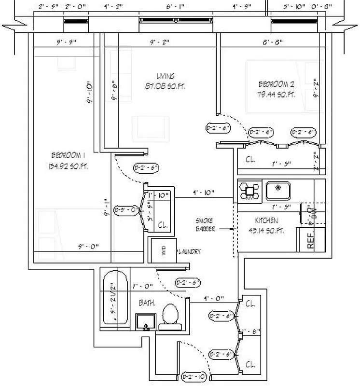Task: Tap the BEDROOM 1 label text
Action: click(x=68, y=155)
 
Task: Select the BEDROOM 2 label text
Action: click(x=276, y=84)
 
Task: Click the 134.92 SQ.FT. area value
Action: click(x=68, y=166)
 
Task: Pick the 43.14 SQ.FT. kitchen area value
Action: click(x=265, y=231)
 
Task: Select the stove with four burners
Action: click(x=249, y=191)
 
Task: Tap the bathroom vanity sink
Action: click(x=146, y=320)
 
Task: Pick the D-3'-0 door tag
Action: click(x=126, y=210)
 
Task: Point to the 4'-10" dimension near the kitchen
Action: click(x=203, y=193)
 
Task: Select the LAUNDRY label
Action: click(x=190, y=251)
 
